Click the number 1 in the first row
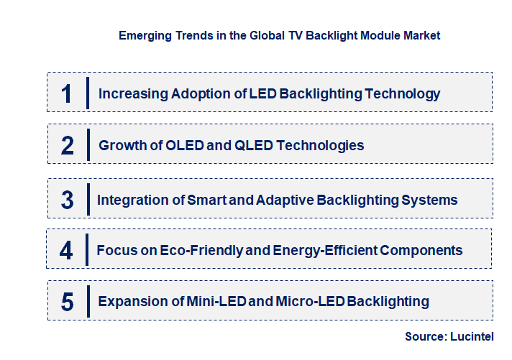tap(67, 93)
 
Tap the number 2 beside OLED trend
tap(68, 146)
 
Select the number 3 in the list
tap(67, 200)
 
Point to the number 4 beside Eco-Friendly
tap(66, 251)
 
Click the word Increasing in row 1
tap(134, 93)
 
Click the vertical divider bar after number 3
tap(86, 198)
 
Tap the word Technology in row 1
tap(402, 93)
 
